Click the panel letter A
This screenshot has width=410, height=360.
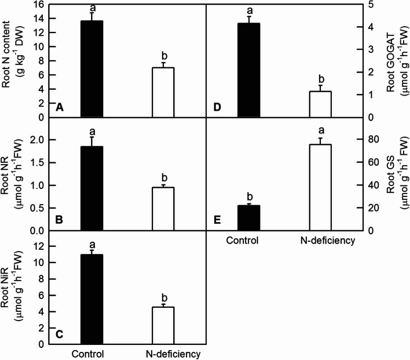(59, 107)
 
